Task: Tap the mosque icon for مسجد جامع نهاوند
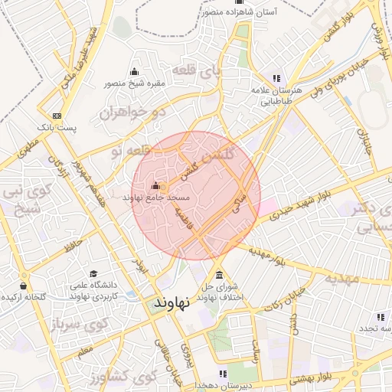tap(156, 185)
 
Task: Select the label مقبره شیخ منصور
tap(135, 85)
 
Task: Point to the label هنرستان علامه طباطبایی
tap(276, 95)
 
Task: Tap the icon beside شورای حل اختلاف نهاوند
tap(220, 275)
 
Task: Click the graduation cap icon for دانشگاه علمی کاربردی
tap(93, 273)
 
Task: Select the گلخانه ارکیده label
tap(22, 296)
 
